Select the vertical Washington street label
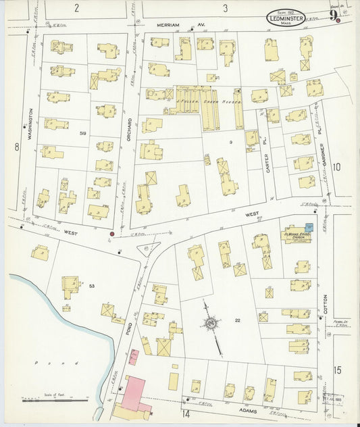(x=31, y=123)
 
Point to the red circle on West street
(x=111, y=234)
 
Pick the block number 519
(x=83, y=134)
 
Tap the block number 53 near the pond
(x=91, y=286)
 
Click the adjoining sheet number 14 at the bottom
(x=185, y=413)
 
